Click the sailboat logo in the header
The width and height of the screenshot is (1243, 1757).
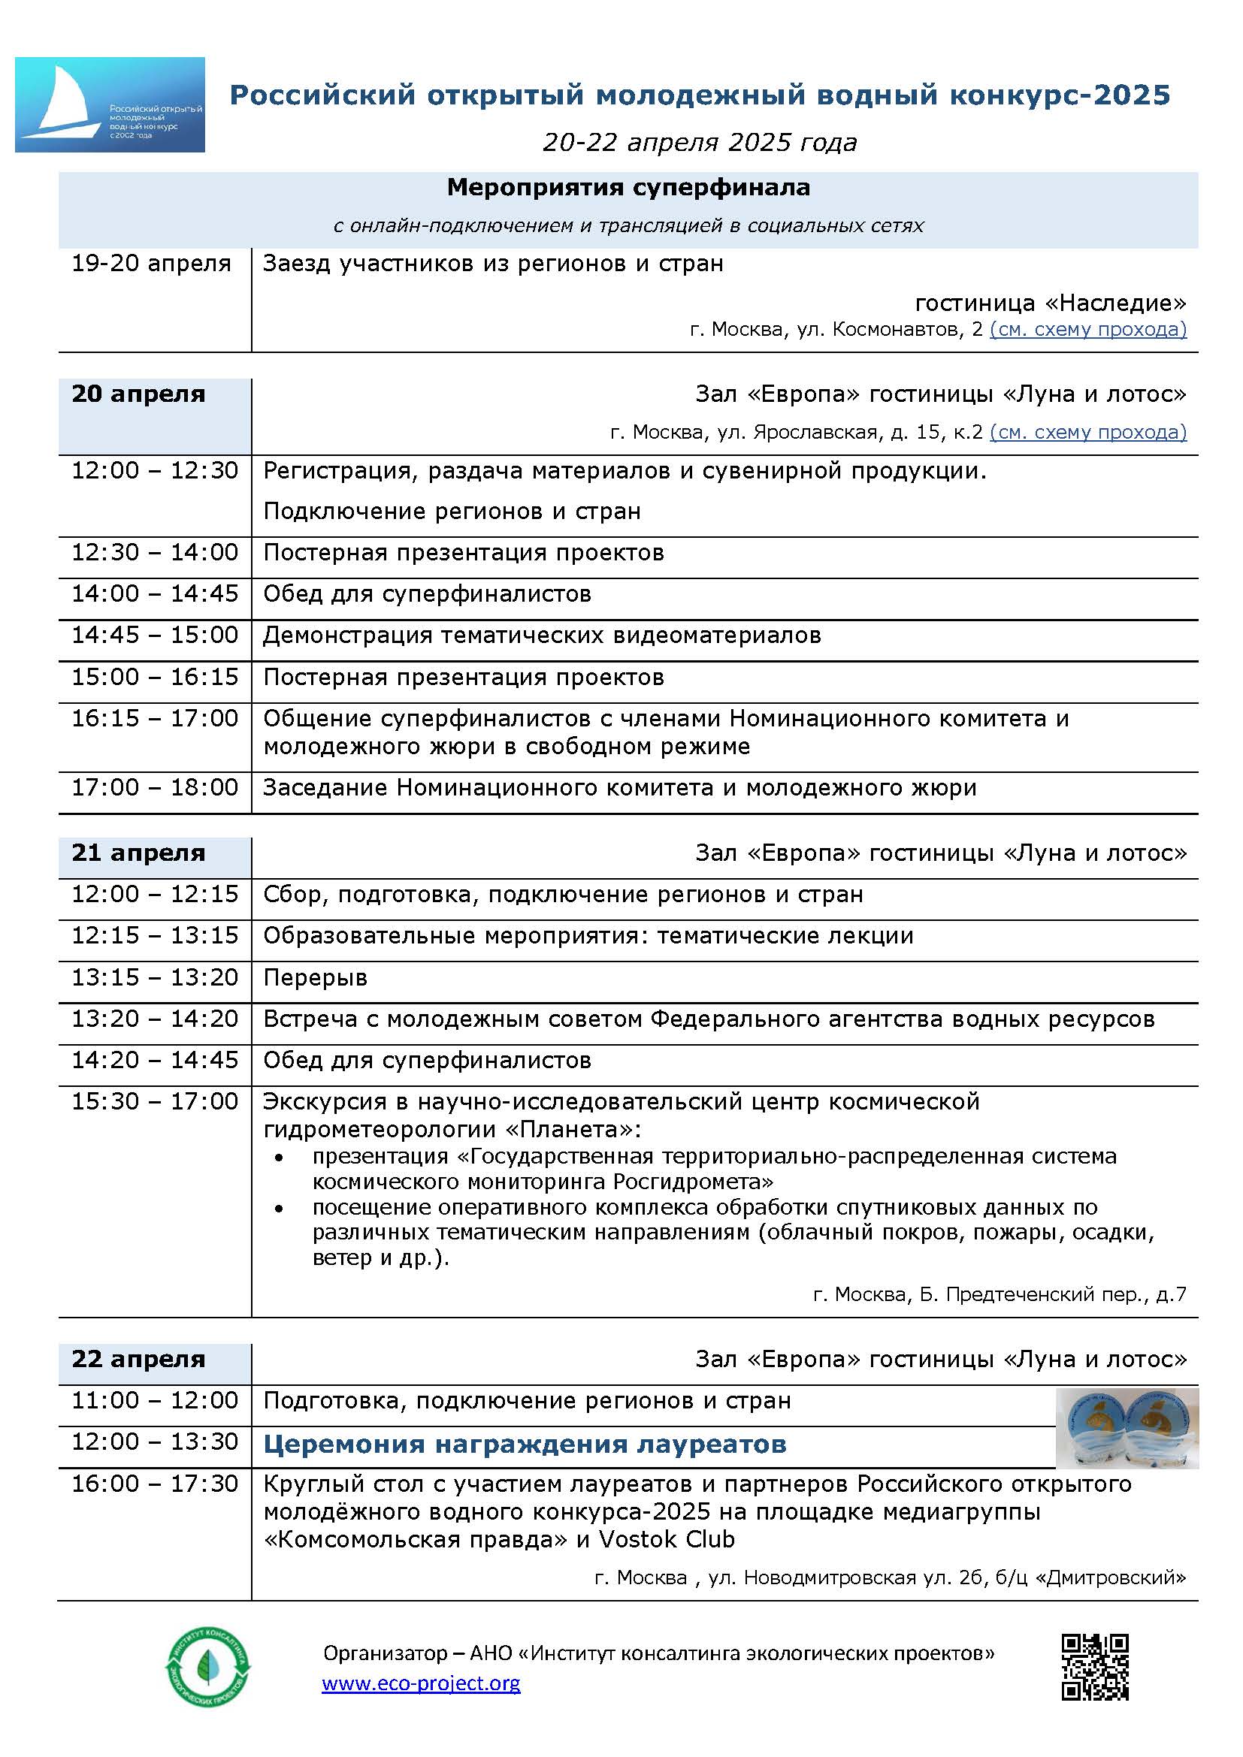[x=110, y=104]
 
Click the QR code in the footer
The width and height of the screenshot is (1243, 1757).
[x=1094, y=1667]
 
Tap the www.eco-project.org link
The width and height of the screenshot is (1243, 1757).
[x=421, y=1683]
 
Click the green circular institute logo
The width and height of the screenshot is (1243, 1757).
[x=207, y=1666]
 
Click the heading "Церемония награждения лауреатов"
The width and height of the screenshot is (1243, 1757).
[x=525, y=1444]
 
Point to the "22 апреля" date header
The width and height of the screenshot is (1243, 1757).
[x=138, y=1359]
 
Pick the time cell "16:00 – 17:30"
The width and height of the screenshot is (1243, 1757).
[x=155, y=1484]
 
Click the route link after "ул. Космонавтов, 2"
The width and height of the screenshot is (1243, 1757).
[x=1087, y=330]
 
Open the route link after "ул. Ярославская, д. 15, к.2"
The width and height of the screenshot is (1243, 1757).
[x=1087, y=433]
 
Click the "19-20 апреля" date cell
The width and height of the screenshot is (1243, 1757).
[x=151, y=263]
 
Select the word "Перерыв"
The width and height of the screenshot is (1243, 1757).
[x=316, y=978]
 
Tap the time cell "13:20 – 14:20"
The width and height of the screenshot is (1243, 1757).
[x=155, y=1019]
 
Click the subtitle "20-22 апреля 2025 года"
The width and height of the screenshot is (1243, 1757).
[x=700, y=142]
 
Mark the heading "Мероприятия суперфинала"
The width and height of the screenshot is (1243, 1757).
[x=628, y=188]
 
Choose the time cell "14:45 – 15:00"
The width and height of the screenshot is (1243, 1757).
[x=155, y=635]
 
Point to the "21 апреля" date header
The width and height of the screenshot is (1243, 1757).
[x=138, y=853]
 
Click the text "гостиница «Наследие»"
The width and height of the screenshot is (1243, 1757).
[x=1050, y=303]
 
